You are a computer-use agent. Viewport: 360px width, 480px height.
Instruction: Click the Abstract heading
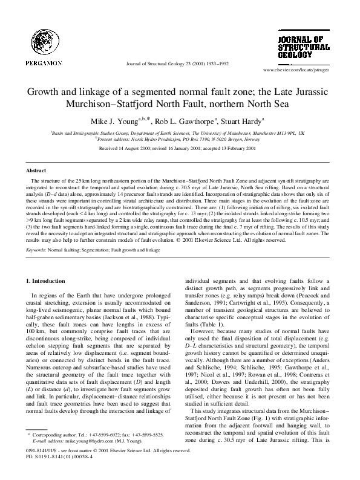tap(37, 171)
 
